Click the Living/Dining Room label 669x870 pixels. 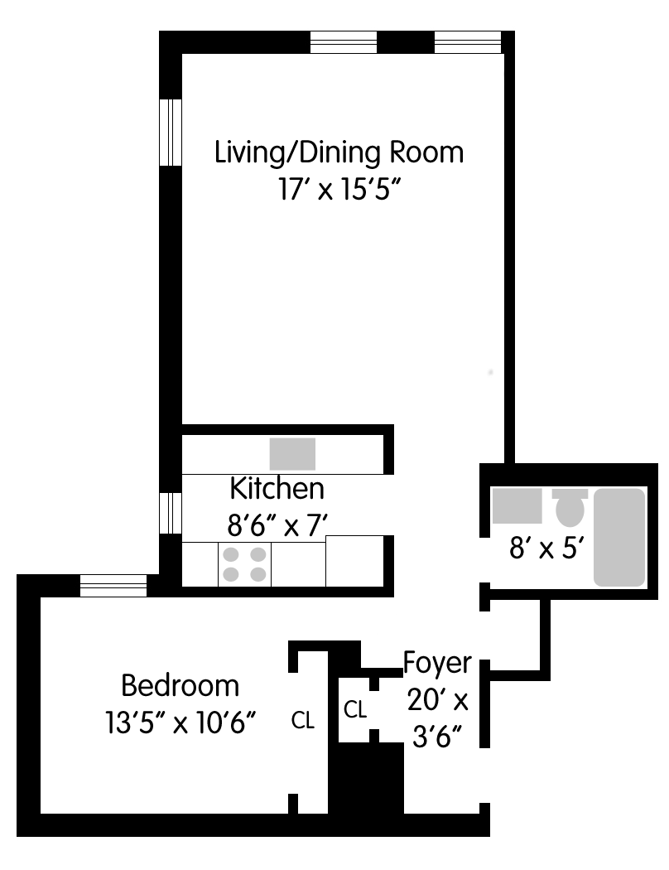pyautogui.click(x=339, y=153)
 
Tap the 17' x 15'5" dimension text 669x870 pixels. pyautogui.click(x=339, y=191)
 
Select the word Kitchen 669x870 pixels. pyautogui.click(x=277, y=489)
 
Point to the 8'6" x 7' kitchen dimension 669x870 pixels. pyautogui.click(x=277, y=524)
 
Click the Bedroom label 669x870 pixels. pyautogui.click(x=180, y=686)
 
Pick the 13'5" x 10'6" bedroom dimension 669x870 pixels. pyautogui.click(x=180, y=723)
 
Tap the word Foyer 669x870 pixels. pyautogui.click(x=437, y=664)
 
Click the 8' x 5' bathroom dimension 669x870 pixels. pyautogui.click(x=547, y=549)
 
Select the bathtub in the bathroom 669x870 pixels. pyautogui.click(x=619, y=537)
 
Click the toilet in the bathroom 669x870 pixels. pyautogui.click(x=570, y=507)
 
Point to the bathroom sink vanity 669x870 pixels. pyautogui.click(x=517, y=506)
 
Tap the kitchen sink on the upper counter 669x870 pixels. pyautogui.click(x=292, y=454)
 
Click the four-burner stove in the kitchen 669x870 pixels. pyautogui.click(x=244, y=563)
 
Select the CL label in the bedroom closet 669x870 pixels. pyautogui.click(x=303, y=720)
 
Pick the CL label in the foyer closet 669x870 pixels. pyautogui.click(x=354, y=709)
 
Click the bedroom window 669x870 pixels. pyautogui.click(x=113, y=585)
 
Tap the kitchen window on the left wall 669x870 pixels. pyautogui.click(x=171, y=513)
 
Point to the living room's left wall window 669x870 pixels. pyautogui.click(x=171, y=132)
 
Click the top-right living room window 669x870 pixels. pyautogui.click(x=468, y=42)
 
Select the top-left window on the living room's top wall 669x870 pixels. pyautogui.click(x=344, y=42)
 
